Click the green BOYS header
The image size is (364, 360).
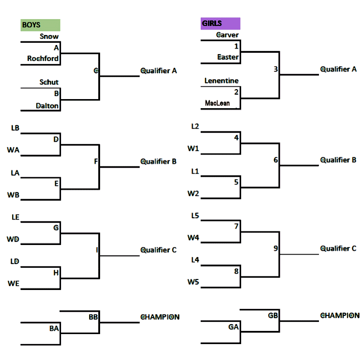coord(40,25)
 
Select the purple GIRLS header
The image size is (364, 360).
coord(220,24)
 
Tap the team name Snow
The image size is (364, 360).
coord(49,36)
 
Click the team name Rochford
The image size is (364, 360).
coord(43,58)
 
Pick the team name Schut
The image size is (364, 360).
coord(49,82)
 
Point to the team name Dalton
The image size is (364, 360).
coord(47,105)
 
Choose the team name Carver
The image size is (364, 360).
coord(227,35)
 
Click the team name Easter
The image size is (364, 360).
coord(228,57)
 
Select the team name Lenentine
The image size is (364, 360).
coord(222,80)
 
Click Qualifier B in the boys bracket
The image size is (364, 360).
coord(158,161)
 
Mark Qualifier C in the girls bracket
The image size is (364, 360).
coord(338,249)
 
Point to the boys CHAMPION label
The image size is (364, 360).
coord(160,317)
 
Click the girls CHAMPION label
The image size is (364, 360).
coord(340,315)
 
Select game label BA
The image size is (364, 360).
coord(54,328)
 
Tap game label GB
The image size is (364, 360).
coord(273,315)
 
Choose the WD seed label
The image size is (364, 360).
coord(13,239)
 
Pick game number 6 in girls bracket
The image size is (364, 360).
coord(276,160)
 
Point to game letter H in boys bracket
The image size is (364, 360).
coord(56,272)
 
